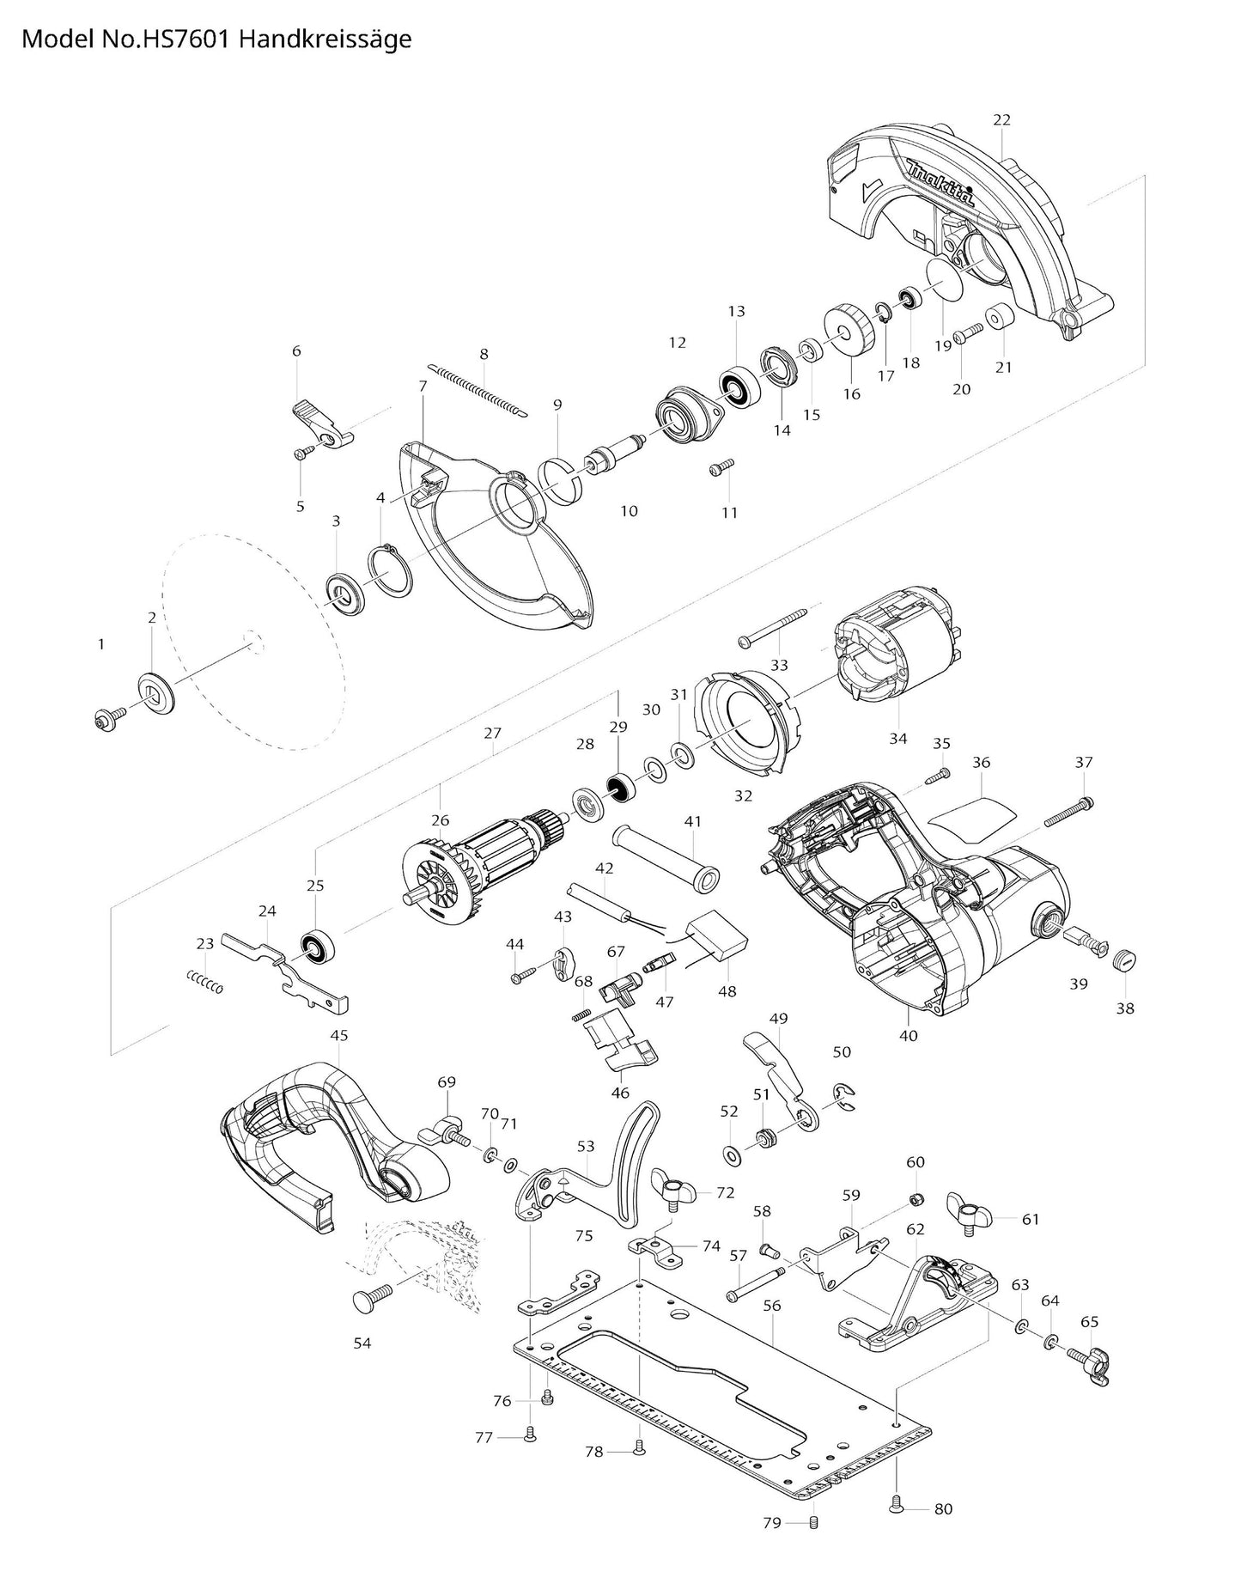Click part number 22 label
tap(1002, 119)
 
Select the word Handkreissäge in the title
tap(326, 40)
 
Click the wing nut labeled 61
tap(970, 1213)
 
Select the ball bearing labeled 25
tap(318, 945)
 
